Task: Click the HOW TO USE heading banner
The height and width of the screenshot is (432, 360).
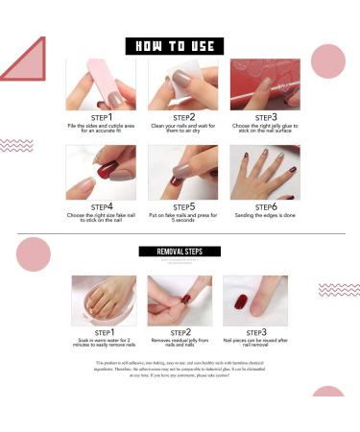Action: click(x=175, y=46)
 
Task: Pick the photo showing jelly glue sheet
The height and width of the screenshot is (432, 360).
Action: click(x=265, y=84)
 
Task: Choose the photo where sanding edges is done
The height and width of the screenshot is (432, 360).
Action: click(x=265, y=173)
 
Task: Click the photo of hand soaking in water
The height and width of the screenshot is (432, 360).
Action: click(x=103, y=301)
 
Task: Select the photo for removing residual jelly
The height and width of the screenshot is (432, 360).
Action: click(x=180, y=301)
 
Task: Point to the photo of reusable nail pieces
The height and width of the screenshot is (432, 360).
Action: click(x=255, y=301)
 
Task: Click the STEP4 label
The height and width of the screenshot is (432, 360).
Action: click(x=102, y=206)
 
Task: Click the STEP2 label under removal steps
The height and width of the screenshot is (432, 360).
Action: click(x=180, y=332)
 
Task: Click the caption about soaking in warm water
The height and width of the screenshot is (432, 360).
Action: click(x=103, y=345)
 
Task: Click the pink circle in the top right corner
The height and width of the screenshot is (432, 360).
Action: click(x=328, y=61)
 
